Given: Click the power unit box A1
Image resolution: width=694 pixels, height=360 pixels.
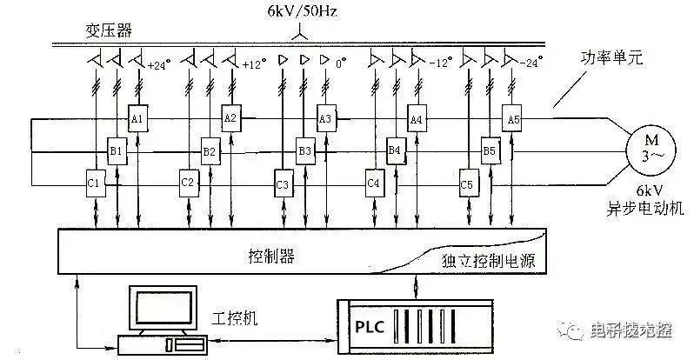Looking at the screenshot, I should coord(137,117).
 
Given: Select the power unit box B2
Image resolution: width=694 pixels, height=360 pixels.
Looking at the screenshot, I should coord(209,150).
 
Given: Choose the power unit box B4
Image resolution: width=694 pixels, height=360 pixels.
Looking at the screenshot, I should coord(395,150).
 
